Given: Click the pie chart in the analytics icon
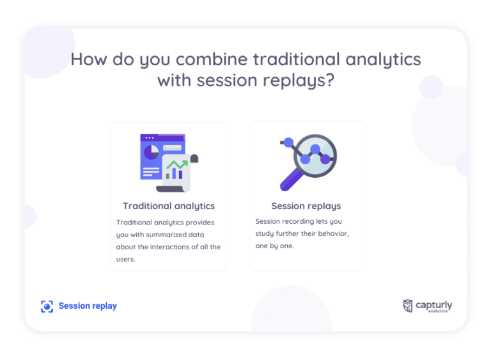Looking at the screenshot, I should [152, 152].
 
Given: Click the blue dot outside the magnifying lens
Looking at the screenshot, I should [288, 142].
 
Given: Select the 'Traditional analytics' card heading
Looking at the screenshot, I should [169, 206].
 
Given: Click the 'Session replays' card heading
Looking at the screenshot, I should [306, 206].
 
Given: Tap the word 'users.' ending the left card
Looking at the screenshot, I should [126, 259].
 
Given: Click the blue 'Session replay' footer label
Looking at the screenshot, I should [88, 306].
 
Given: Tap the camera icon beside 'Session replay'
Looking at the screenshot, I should [47, 306].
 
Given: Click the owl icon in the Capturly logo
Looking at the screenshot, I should [407, 306].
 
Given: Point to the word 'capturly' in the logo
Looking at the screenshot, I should [433, 304].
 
